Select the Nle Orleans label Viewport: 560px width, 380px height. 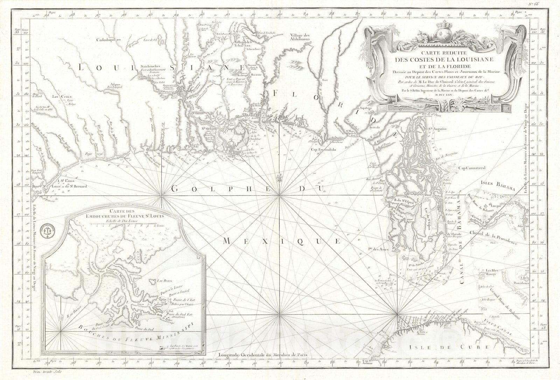208,127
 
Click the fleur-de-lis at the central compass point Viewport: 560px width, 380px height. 279,178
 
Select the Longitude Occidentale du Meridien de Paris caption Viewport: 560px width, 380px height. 262,354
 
